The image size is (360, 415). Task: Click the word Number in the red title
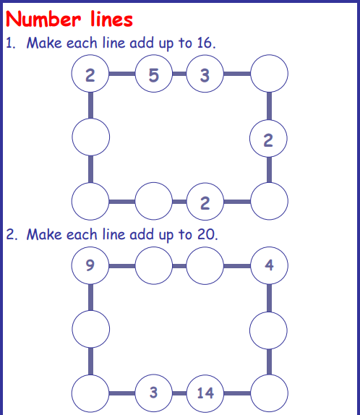pos(43,19)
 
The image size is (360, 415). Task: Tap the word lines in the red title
pos(111,19)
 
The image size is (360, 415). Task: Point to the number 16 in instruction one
pos(205,43)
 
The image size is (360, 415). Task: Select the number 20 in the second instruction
pos(207,234)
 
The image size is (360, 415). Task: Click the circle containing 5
pos(154,74)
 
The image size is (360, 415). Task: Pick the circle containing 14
pos(205,393)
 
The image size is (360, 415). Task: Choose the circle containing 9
pos(90,265)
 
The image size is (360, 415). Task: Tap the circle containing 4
pos(269,265)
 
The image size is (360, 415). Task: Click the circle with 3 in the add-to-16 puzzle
pos(205,74)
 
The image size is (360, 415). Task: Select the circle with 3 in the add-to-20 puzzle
pos(154,393)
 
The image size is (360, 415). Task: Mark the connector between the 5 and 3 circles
pos(179,74)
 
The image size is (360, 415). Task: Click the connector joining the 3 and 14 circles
pos(179,393)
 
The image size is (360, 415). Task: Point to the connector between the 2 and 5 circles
pos(122,74)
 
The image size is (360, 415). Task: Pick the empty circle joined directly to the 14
pos(269,393)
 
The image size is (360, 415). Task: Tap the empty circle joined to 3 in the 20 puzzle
pos(90,393)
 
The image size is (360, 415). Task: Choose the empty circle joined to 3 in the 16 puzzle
pos(269,74)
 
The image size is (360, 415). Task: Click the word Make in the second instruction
pos(44,234)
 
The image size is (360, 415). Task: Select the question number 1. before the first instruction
pos(11,43)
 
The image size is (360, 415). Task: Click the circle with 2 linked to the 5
pos(90,74)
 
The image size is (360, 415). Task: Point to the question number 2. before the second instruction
pos(12,234)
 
